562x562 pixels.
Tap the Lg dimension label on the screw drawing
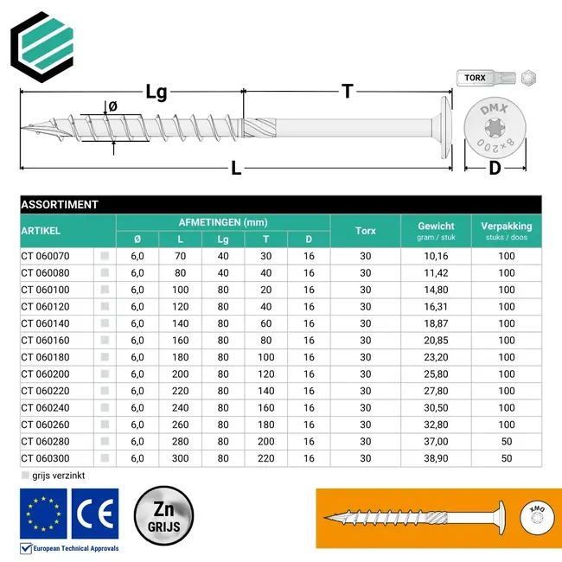tap(156, 92)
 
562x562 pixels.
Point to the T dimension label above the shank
tap(348, 91)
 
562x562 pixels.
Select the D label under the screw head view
tap(495, 168)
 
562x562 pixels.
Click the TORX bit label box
tap(475, 78)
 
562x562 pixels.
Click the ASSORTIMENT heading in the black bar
tap(60, 205)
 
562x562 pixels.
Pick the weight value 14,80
tap(436, 290)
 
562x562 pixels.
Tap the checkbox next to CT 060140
tap(105, 323)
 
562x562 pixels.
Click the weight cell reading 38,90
tap(436, 458)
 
